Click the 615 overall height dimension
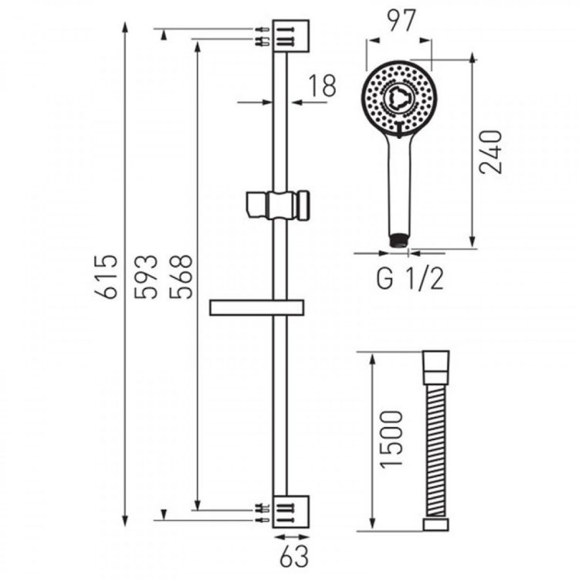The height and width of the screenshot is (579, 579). click(x=106, y=276)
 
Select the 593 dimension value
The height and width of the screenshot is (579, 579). click(x=145, y=276)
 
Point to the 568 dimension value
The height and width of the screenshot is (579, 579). click(x=181, y=276)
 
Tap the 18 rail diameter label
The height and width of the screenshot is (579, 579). click(x=322, y=86)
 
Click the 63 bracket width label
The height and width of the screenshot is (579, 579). click(x=294, y=557)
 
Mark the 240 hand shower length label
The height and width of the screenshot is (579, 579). click(x=491, y=152)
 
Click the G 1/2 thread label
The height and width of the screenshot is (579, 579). click(x=409, y=279)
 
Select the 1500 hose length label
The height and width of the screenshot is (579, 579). click(x=391, y=440)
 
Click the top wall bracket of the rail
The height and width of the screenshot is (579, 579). click(x=290, y=36)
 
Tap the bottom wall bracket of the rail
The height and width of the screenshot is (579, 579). click(x=290, y=512)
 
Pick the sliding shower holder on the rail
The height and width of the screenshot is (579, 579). click(x=277, y=206)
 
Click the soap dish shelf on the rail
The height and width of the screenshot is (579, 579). click(x=256, y=308)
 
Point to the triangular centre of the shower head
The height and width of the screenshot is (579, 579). click(x=398, y=97)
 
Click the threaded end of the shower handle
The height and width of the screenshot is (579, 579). click(x=398, y=239)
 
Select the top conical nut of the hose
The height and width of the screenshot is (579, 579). click(x=436, y=367)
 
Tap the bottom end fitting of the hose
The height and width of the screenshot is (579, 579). click(x=436, y=525)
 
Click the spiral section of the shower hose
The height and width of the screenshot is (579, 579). click(x=436, y=450)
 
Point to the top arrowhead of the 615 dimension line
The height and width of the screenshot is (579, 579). click(x=125, y=29)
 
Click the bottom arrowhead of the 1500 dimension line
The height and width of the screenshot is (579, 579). click(x=373, y=524)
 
